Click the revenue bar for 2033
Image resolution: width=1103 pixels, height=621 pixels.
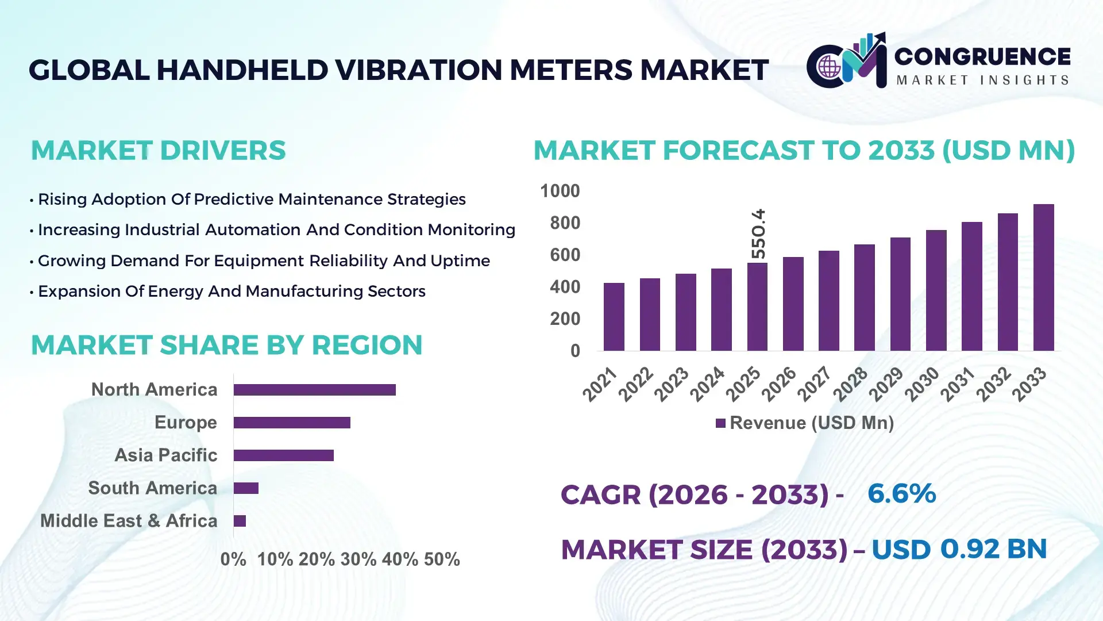coord(1043,278)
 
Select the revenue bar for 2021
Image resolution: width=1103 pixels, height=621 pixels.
coord(614,317)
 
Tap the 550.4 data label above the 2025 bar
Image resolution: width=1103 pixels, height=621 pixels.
coord(758,233)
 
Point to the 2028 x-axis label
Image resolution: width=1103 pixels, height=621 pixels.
coord(850,384)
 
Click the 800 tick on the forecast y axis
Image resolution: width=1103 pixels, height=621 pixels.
coord(565,223)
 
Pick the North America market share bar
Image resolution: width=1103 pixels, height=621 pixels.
coord(314,390)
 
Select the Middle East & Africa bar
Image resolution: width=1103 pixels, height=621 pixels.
coord(240,521)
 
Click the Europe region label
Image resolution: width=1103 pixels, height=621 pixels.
coord(186,423)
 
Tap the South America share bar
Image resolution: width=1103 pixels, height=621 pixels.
coord(246,488)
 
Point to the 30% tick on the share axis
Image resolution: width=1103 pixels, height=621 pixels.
coord(358,559)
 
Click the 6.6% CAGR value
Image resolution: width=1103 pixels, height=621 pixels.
coord(901,494)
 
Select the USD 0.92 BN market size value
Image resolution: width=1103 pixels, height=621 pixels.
coord(959,549)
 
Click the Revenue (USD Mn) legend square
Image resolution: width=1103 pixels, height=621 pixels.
coord(720,424)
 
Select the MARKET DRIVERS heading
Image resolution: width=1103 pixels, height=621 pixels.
coord(158,151)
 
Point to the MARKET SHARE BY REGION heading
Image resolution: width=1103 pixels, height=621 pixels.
coord(226,346)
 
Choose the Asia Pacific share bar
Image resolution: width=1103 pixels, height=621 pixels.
coord(283,455)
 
